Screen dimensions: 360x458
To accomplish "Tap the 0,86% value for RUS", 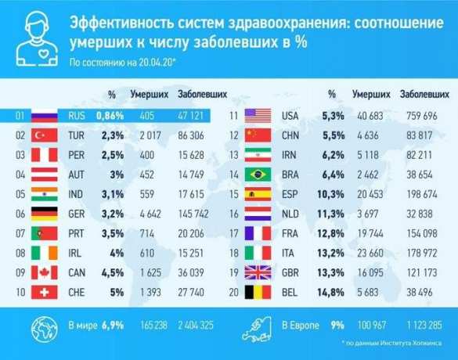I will pos(110,117).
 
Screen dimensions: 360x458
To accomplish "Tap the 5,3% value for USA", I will pos(329,117).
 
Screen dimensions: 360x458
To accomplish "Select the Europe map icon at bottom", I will pos(258,322).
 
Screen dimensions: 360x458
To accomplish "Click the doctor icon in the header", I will pos(35,36).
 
